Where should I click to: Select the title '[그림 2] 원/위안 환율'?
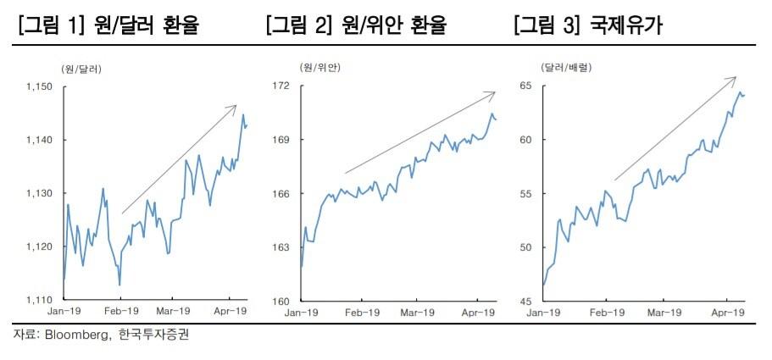356,25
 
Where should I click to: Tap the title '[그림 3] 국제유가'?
587,25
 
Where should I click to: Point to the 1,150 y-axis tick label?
39,86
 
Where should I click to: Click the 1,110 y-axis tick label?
39,300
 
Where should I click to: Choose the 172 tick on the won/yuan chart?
282,86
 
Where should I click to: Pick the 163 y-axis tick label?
282,247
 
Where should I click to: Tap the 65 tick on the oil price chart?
525,86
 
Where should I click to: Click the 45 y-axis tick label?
525,301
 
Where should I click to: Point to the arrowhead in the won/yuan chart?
494,91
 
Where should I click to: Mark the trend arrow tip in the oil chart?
736,77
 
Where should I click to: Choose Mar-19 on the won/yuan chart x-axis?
419,313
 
